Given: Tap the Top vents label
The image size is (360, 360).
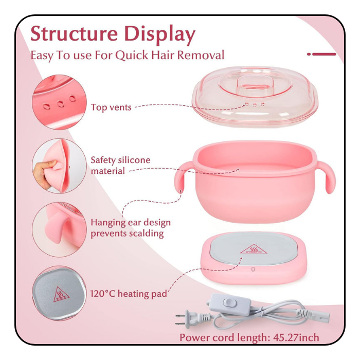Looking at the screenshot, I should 111,107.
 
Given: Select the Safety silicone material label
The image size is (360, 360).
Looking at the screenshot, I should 120,165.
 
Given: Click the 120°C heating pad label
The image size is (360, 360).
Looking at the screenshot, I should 129,294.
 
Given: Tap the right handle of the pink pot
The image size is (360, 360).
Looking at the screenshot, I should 326,177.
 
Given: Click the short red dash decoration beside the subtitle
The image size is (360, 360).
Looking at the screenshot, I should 322,53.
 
